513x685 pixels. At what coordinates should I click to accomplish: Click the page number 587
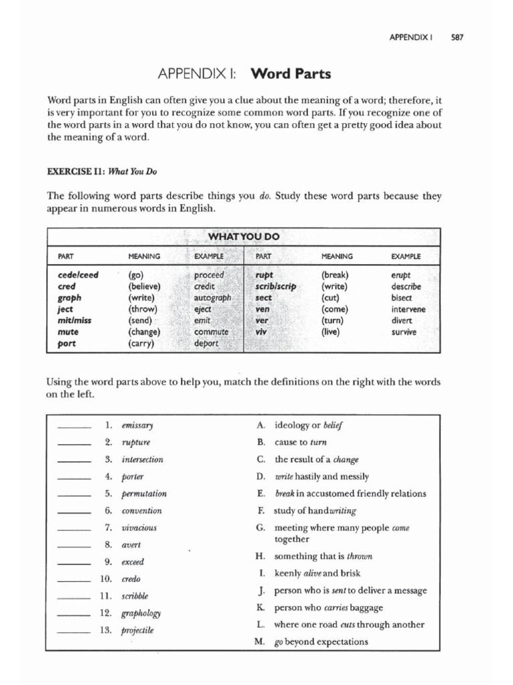click(x=457, y=37)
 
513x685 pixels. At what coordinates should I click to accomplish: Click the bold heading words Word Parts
click(x=290, y=73)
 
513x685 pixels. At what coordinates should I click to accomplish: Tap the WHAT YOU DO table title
click(x=244, y=237)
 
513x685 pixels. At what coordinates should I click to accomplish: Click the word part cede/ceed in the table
click(x=78, y=275)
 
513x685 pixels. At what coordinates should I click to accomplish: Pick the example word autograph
click(x=212, y=298)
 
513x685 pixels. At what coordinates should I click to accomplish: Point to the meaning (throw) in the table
click(x=142, y=309)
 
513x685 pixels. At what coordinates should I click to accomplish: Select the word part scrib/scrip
click(x=275, y=286)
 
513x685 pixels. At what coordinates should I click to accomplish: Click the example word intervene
click(x=408, y=309)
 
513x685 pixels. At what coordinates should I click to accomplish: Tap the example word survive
click(x=404, y=332)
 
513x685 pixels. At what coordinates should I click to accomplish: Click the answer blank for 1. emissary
click(x=74, y=425)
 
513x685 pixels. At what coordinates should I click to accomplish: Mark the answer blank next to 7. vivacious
click(x=74, y=528)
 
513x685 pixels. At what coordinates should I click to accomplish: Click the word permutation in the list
click(x=144, y=494)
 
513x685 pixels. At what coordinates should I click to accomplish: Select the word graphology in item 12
click(x=141, y=613)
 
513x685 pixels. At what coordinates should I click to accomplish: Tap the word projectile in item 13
click(x=138, y=630)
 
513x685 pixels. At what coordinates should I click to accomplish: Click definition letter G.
click(x=261, y=528)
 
